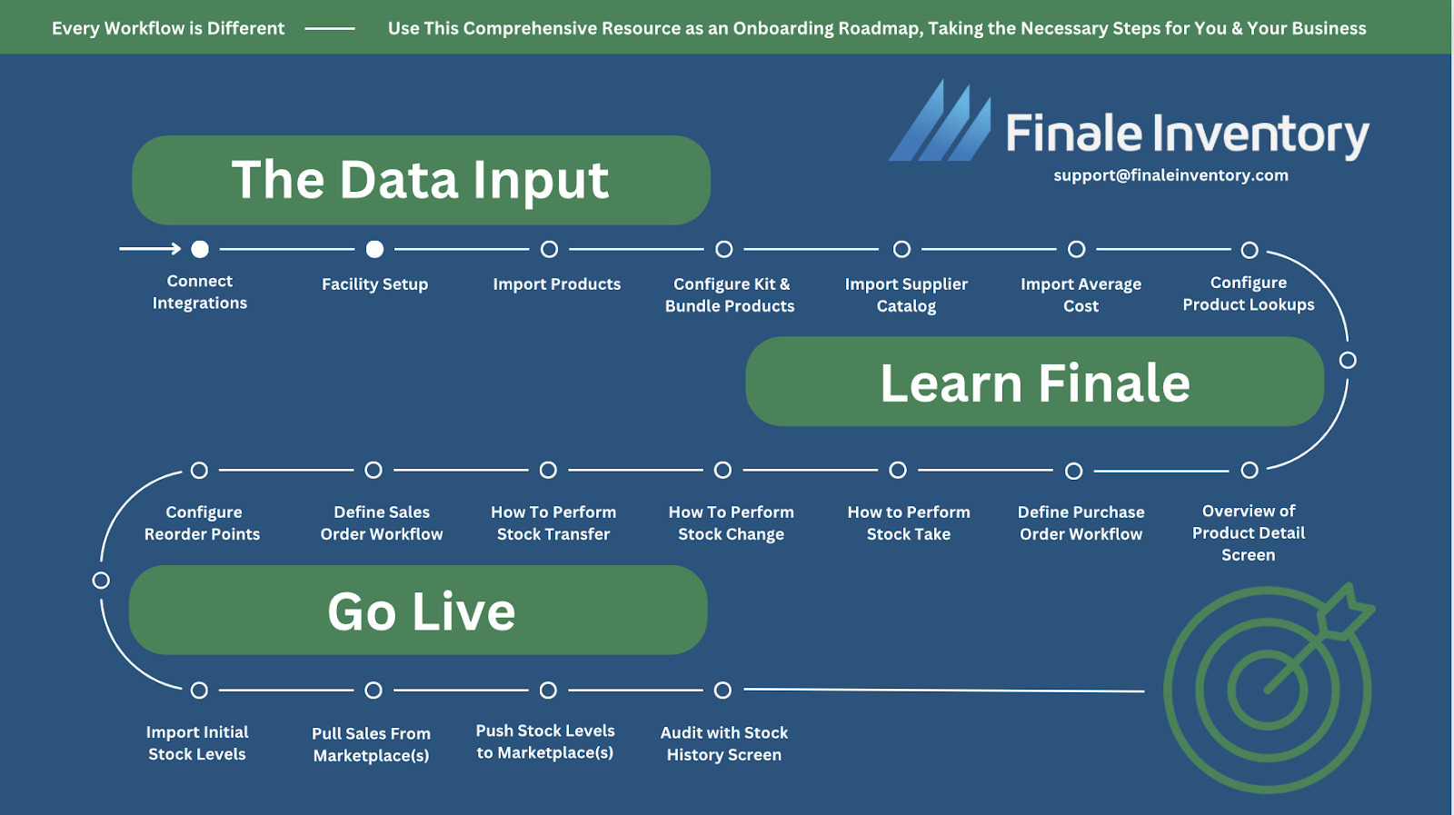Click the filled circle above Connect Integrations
coord(200,249)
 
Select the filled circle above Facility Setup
coord(374,249)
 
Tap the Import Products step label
coord(556,284)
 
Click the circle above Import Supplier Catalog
coord(901,249)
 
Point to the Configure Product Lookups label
coord(1248,293)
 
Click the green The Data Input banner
coord(421,180)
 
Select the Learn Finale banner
coord(1034,382)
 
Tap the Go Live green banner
coord(418,610)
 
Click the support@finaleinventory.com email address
coord(1170,175)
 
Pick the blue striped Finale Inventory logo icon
coord(941,123)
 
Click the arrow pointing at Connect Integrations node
coord(150,249)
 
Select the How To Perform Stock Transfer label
coord(553,523)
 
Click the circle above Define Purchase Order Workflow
coord(1074,471)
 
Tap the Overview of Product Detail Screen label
coord(1248,532)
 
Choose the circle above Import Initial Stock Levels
coord(199,691)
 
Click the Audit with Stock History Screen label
coord(723,743)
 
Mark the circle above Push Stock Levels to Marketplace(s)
coord(548,691)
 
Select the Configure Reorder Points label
coord(203,523)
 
